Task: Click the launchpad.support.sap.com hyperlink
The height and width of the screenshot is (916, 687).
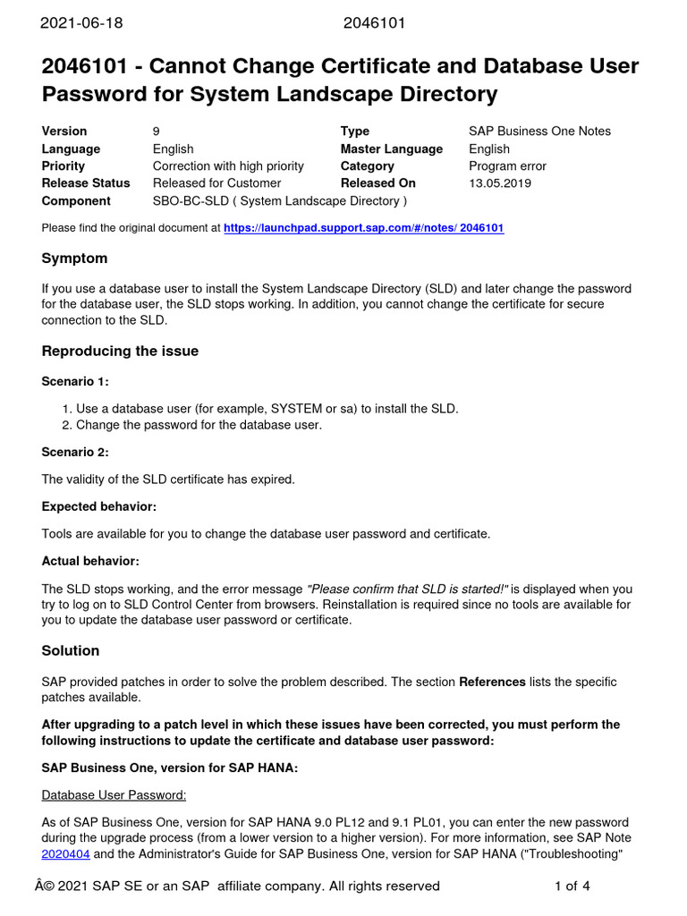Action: (363, 228)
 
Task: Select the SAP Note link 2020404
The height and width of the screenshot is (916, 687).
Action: (65, 853)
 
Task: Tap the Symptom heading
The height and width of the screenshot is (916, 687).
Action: (74, 259)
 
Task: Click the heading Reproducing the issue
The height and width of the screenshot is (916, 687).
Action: (120, 352)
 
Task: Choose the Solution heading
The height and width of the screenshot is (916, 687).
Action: (71, 650)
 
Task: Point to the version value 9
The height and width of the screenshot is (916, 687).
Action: (157, 131)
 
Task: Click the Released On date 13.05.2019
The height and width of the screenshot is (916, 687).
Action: (500, 183)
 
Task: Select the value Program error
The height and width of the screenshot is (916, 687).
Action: (507, 166)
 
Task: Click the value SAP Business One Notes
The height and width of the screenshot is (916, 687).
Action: (539, 131)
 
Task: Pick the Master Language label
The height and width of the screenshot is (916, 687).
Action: (391, 149)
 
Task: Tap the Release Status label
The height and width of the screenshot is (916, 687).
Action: (86, 183)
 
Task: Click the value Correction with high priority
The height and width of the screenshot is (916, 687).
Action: (228, 166)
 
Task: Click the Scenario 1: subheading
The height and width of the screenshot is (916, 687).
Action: (75, 382)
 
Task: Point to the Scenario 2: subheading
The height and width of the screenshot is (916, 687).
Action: (75, 453)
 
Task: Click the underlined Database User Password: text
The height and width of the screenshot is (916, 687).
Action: (114, 794)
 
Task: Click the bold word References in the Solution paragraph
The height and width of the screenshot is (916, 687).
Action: (492, 682)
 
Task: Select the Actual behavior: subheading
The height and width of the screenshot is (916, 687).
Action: (90, 562)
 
